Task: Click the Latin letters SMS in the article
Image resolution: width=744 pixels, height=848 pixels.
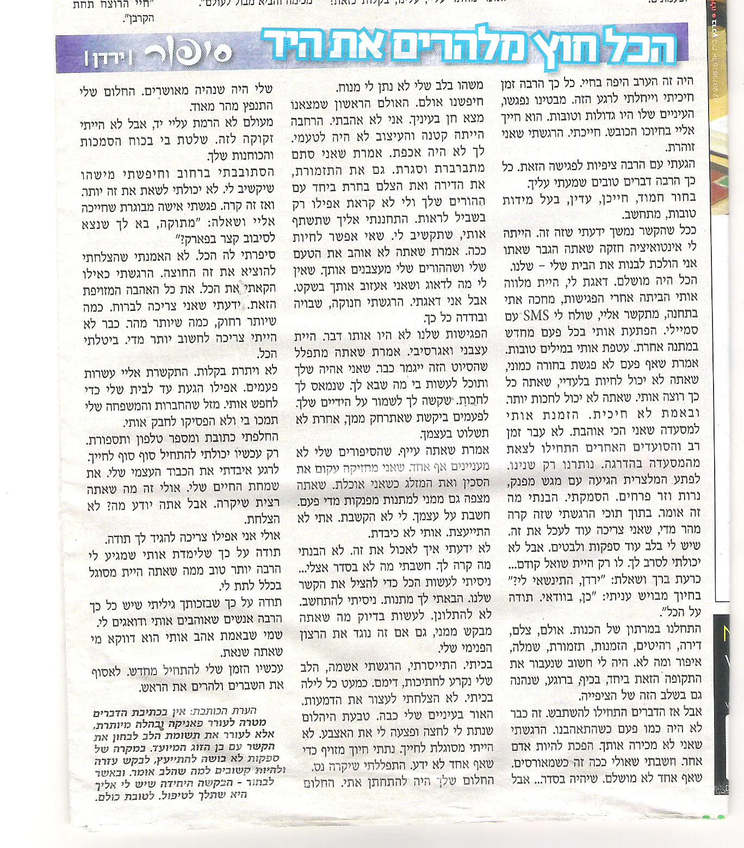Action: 536,315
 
